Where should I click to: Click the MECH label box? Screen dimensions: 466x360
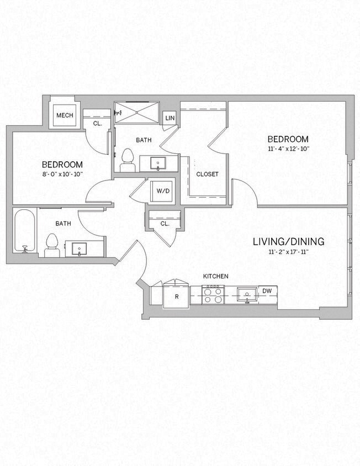point(65,115)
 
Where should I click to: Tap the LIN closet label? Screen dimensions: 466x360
point(170,118)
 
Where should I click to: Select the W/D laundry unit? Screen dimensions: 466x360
point(163,191)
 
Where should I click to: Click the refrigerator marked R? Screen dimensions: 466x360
point(176,296)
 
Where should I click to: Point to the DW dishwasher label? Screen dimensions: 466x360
point(267,291)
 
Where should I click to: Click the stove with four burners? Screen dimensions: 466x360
point(213,294)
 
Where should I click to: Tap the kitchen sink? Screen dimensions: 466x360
point(246,294)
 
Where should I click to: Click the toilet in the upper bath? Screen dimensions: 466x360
point(128,160)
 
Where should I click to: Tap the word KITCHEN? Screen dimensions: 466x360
point(215,276)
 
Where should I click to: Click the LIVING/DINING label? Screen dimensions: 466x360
point(288,241)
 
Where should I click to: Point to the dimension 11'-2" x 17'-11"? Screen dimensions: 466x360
point(288,252)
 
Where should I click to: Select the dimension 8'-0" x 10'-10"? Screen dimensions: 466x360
point(62,174)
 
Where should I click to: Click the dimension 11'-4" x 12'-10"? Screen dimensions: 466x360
point(288,149)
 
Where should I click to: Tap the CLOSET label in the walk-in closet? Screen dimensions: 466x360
point(207,174)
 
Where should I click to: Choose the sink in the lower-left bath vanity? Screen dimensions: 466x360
point(80,248)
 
